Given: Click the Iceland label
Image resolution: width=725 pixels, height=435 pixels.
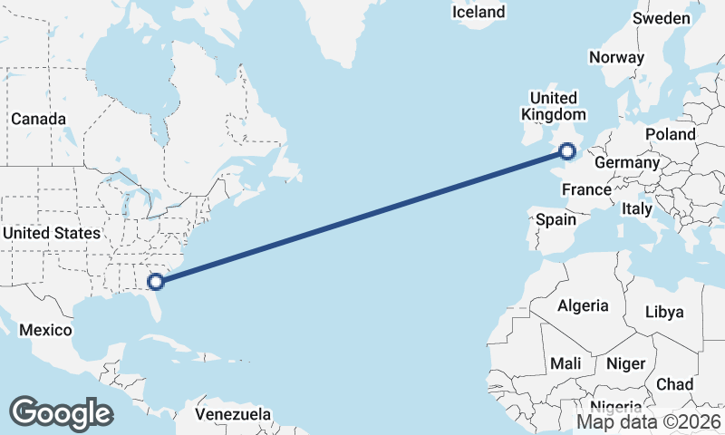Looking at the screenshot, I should point(478,13).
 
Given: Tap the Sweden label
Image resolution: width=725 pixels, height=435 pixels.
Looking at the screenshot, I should point(662,18).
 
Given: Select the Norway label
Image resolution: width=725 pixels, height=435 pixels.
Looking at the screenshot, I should point(616,57).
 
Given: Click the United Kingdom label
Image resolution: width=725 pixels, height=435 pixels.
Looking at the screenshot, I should point(553,106).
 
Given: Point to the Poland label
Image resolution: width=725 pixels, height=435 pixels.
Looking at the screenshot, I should point(671,134).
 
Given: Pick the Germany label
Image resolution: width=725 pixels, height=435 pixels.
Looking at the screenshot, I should point(627,162).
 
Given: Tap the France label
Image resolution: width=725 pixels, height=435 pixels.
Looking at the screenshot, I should point(586,189).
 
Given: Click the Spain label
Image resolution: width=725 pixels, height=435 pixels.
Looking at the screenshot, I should point(556,219).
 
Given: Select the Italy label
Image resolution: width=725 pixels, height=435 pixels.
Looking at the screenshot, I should point(637,208).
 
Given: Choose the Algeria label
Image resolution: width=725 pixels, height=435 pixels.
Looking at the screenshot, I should point(583,305).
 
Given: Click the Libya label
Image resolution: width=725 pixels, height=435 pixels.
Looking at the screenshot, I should point(664,312).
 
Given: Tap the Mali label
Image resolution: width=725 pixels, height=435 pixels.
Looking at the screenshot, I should point(566,363).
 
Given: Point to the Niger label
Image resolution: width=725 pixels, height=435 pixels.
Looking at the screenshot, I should point(625,363).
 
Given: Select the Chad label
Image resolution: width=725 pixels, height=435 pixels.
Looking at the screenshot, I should point(674,384).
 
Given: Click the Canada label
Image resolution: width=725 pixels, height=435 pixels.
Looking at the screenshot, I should point(38,119).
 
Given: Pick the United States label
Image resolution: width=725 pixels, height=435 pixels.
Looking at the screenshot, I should point(51,233).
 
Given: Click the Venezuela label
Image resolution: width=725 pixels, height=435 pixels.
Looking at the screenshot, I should point(234,414).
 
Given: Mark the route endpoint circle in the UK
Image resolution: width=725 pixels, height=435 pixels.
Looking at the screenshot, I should point(568,150).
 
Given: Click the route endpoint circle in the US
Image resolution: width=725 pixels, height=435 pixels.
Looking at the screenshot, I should point(156,281).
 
